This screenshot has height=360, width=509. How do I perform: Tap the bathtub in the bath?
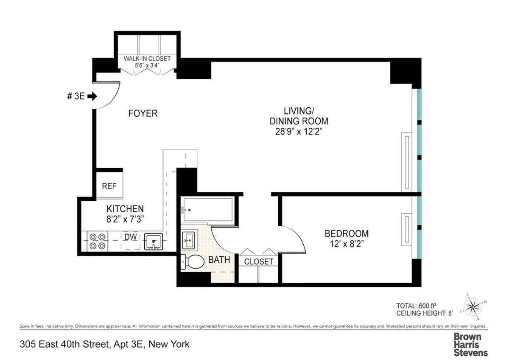point(207,210)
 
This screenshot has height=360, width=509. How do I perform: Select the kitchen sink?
point(152,242)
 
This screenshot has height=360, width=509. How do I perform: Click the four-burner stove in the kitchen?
point(97,242)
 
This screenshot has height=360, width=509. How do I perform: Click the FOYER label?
point(143,113)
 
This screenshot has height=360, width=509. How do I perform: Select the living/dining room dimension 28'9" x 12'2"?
point(299,132)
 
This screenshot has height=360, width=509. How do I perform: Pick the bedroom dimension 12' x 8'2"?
point(346,245)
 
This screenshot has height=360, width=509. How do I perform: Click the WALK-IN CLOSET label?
point(147,59)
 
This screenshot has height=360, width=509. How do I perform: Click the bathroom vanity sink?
point(188,240)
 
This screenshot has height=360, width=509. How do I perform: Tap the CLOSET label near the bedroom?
point(258,262)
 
